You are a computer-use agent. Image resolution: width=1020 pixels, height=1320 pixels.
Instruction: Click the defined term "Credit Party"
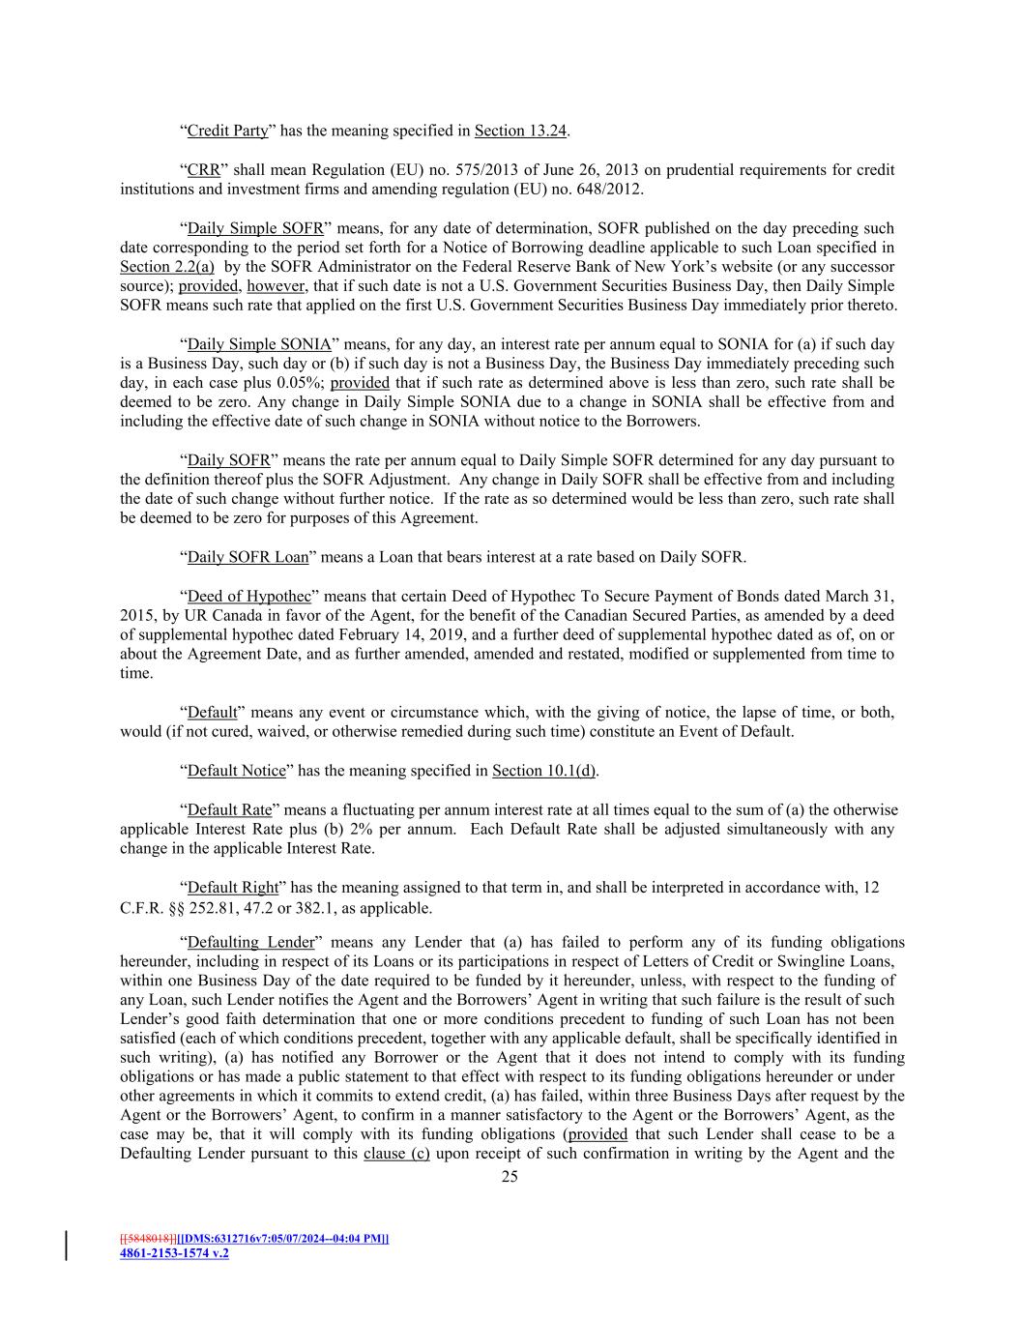tap(227, 131)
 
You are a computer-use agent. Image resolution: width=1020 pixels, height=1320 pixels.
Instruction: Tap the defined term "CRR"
tap(203, 170)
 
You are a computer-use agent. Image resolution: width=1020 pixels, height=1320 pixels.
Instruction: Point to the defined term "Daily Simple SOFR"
tap(255, 229)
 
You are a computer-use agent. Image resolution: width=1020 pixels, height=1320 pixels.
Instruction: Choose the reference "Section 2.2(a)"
tap(167, 267)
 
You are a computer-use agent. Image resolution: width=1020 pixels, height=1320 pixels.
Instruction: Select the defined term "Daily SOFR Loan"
tap(248, 557)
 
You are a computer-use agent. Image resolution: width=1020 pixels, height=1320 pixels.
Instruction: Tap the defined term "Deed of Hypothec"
tap(243, 596)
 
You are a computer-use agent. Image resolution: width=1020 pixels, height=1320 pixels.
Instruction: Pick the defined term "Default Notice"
tap(237, 771)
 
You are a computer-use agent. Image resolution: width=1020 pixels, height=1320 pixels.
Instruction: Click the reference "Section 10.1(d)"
tap(544, 771)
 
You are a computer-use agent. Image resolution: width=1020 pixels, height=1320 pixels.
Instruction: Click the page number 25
tap(510, 1177)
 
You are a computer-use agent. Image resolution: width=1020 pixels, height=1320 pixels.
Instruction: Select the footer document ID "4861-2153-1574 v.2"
tap(174, 1253)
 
